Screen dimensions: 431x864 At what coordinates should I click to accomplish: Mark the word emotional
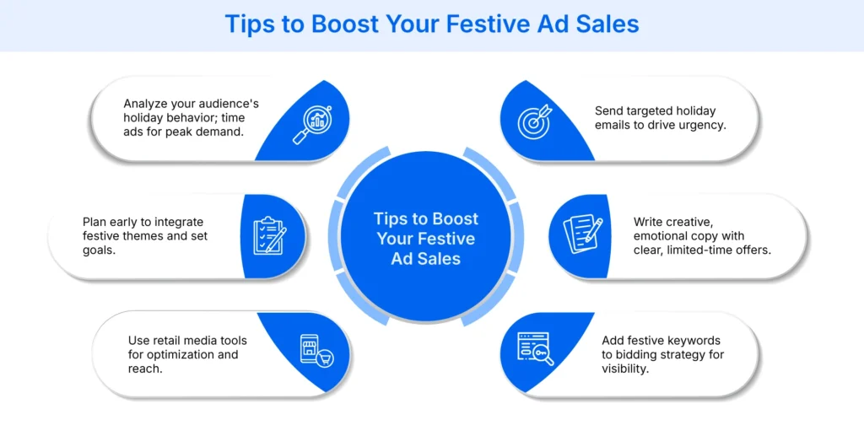click(x=672, y=236)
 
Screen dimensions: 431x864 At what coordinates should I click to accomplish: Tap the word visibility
click(x=625, y=369)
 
